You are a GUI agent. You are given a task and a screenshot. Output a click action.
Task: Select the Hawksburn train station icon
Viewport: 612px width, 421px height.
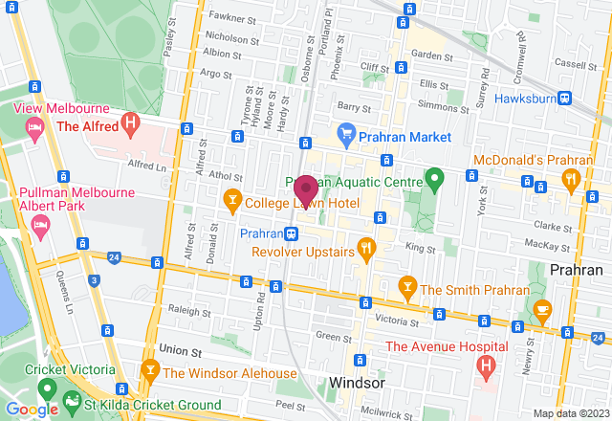point(566,99)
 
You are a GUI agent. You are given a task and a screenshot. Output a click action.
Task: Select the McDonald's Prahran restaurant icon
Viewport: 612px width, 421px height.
point(572,177)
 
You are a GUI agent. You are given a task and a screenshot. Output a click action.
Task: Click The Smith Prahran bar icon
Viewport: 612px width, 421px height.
point(406,286)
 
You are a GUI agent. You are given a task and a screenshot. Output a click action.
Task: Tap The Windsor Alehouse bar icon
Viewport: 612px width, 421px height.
point(150,370)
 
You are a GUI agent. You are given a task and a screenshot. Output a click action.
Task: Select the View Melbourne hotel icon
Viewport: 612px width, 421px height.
point(34,127)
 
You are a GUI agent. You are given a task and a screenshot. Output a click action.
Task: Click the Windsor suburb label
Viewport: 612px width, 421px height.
point(357,383)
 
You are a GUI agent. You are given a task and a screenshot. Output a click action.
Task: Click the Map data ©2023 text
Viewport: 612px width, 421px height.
point(570,413)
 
